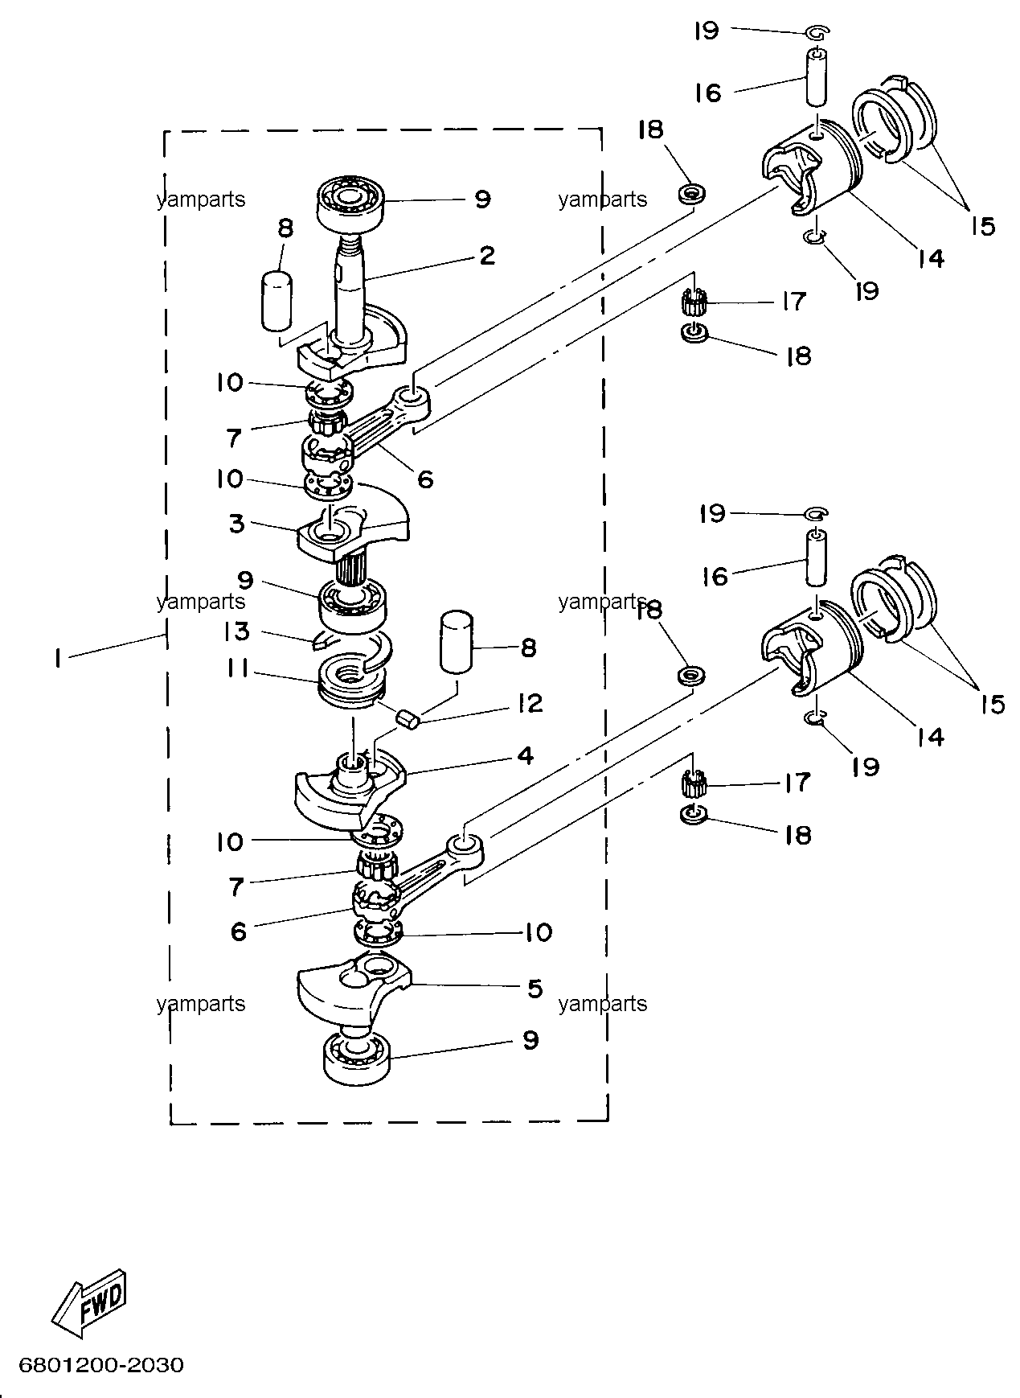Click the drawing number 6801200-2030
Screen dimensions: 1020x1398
[x=101, y=1366]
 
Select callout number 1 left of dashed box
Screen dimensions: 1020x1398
[x=57, y=658]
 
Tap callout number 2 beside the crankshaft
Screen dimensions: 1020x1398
[x=486, y=256]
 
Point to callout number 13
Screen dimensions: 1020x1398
[x=237, y=631]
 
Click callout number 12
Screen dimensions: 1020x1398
[x=529, y=704]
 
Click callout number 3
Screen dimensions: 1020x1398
[x=236, y=524]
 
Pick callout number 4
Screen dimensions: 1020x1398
[x=525, y=755]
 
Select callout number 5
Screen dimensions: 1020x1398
[x=535, y=988]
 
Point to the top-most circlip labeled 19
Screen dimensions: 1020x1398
[x=817, y=32]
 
